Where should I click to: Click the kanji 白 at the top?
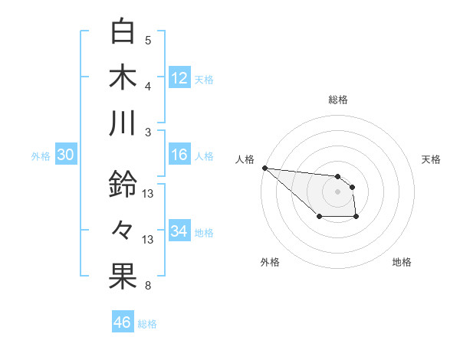tap(123, 32)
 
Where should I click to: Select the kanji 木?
tap(123, 77)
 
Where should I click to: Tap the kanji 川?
tap(123, 123)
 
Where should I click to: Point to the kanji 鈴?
tap(123, 185)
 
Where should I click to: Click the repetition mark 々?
tap(123, 230)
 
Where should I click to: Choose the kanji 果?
tap(123, 277)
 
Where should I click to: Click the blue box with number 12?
tap(179, 78)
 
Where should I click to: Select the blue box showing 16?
tap(179, 155)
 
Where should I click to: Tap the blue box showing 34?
tap(179, 231)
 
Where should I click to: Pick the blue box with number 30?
tap(66, 155)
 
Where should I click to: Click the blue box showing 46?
tap(122, 322)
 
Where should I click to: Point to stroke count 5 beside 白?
tap(148, 40)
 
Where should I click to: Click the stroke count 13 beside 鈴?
tap(148, 193)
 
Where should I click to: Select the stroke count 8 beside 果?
tap(148, 286)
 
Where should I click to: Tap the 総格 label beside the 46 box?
tap(147, 324)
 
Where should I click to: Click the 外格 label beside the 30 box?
tap(41, 156)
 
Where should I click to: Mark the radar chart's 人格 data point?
tap(264, 167)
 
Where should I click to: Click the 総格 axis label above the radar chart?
tap(338, 100)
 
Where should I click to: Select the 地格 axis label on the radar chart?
tap(402, 262)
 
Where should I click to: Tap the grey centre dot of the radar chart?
tap(338, 191)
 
